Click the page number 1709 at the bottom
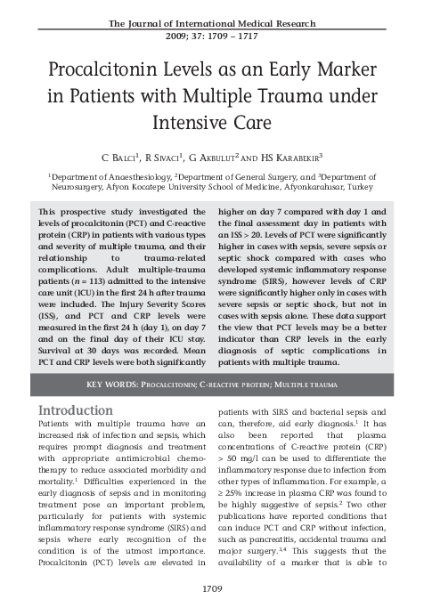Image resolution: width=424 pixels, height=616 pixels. click(x=212, y=588)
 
